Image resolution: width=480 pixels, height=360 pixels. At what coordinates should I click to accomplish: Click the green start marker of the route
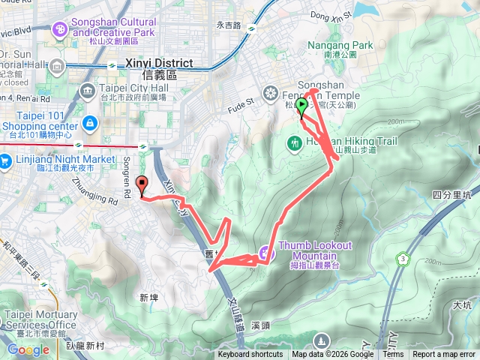point(301,106)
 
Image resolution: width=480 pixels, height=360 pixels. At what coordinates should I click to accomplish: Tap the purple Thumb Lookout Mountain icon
point(265,252)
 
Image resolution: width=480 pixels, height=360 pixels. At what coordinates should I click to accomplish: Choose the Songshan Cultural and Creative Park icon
point(59,29)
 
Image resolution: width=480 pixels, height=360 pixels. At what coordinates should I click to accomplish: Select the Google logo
point(28,349)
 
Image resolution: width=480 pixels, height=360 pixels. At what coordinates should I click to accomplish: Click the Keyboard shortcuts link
point(250,355)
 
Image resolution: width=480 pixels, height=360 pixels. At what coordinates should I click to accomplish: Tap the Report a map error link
point(444,355)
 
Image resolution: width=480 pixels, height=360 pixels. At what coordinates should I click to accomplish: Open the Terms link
point(393,355)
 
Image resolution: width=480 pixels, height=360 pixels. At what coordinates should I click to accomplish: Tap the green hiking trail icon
point(295,142)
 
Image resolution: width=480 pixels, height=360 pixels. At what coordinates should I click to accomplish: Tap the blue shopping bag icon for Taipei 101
point(89,121)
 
